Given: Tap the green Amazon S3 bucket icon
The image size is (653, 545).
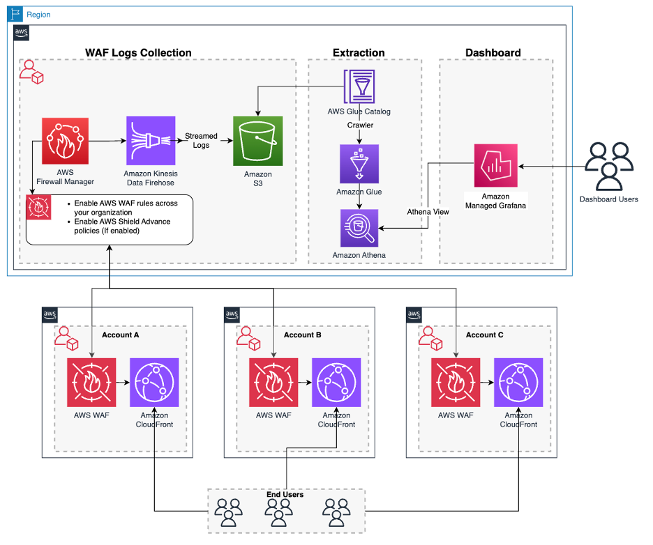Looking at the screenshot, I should tap(258, 141).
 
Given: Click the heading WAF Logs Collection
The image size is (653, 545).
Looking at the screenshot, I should tap(138, 53).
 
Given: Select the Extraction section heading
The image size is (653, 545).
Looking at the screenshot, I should tap(359, 53).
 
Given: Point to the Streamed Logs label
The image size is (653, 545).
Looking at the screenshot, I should tap(201, 141).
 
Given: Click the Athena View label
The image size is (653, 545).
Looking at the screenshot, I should tap(428, 211).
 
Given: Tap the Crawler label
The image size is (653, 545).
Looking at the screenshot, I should tap(360, 125).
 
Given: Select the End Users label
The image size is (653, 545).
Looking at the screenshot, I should tap(285, 495).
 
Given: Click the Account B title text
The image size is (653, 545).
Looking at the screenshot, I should tap(302, 335).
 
